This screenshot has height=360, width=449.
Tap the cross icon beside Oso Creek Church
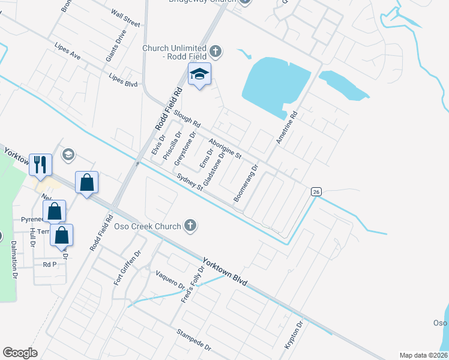click(x=190, y=226)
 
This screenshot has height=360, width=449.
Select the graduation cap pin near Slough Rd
click(x=199, y=75)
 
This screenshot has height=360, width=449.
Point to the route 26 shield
click(x=316, y=191)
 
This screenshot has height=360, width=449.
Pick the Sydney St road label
click(x=191, y=182)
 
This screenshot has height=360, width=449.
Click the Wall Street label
click(x=125, y=18)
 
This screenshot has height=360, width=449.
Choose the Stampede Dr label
click(x=193, y=340)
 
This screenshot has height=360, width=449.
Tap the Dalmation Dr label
click(x=13, y=259)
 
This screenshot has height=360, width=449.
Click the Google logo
click(x=20, y=352)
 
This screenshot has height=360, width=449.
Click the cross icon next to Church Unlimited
click(x=216, y=52)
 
